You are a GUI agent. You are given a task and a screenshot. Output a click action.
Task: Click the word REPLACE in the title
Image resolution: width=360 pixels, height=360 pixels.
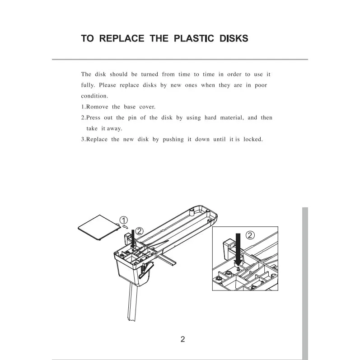(122, 38)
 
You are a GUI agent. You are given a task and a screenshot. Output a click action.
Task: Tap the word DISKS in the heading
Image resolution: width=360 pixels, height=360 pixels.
(234, 38)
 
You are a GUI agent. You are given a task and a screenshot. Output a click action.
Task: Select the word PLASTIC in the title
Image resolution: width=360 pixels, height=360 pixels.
(194, 38)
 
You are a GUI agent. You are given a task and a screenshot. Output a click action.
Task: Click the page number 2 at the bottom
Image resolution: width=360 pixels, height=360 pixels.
(183, 339)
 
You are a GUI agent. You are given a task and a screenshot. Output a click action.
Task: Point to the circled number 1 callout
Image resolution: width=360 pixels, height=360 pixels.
(124, 220)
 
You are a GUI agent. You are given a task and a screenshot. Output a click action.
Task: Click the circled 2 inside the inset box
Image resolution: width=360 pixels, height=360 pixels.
(250, 235)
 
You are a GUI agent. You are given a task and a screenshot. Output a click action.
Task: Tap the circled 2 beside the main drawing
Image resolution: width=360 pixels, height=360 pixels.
(140, 231)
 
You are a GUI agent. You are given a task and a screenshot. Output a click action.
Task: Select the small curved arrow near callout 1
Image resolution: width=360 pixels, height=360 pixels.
(125, 227)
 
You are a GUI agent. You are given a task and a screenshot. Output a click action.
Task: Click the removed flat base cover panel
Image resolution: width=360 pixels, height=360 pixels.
(99, 228)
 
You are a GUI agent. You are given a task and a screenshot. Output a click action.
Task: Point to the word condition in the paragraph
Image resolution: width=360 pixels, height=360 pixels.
(94, 96)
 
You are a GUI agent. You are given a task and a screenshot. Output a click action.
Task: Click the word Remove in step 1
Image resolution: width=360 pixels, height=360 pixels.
(97, 107)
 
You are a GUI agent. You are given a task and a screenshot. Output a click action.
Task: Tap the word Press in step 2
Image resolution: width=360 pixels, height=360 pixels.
(93, 117)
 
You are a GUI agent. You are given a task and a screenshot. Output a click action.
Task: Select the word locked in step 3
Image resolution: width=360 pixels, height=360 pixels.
(253, 139)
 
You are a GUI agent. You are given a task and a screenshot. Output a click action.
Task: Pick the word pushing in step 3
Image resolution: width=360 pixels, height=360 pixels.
(173, 140)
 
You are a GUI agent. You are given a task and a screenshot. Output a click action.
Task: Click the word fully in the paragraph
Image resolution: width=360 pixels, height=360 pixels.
(88, 85)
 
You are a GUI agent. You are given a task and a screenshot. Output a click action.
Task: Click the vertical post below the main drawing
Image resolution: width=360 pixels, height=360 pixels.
(132, 302)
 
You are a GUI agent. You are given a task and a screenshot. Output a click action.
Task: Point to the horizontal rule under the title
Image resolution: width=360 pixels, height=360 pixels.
(180, 59)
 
